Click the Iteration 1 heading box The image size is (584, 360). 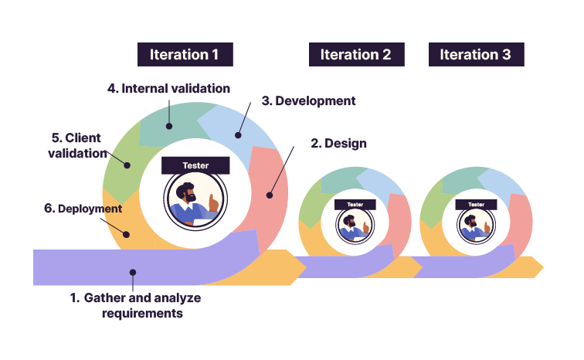[185, 55]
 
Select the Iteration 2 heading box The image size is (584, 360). [356, 55]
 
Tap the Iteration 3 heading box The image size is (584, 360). [476, 55]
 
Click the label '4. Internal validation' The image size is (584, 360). [168, 89]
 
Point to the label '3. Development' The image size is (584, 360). [308, 101]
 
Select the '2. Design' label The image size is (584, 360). [338, 144]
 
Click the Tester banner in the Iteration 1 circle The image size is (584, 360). [195, 165]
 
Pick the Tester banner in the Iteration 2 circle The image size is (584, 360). [355, 205]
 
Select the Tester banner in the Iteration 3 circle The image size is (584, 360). [475, 205]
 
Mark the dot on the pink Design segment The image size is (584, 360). [269, 195]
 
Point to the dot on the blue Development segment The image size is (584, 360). [238, 136]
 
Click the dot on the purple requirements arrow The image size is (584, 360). [133, 272]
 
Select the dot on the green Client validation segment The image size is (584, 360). [126, 164]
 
